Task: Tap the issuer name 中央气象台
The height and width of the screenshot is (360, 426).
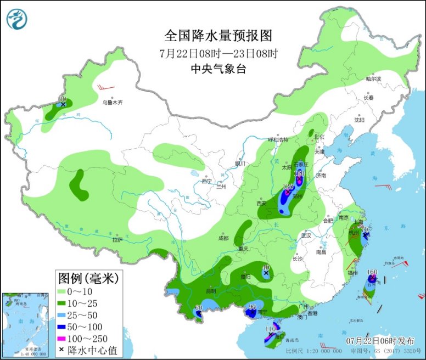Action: (x=218, y=69)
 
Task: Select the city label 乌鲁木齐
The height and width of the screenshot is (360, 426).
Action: (x=113, y=102)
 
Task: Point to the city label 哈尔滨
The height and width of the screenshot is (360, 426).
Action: (x=373, y=79)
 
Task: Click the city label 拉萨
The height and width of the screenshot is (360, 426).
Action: (x=117, y=239)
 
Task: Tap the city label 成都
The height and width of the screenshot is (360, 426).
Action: (x=222, y=238)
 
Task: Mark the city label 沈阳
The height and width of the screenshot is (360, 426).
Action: (x=359, y=119)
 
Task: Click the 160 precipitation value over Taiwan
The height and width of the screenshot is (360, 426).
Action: (x=372, y=272)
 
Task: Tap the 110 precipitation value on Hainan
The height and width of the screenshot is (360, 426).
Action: (x=270, y=329)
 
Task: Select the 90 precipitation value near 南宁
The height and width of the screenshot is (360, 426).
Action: (x=253, y=307)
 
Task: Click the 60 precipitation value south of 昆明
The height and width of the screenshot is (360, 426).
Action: (x=199, y=308)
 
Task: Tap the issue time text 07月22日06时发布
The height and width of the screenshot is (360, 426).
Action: (x=377, y=340)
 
